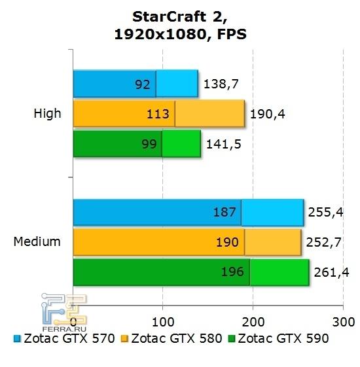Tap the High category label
tap(47, 113)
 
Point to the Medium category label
tap(37, 241)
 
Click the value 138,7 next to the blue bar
tap(221, 83)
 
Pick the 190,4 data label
tap(268, 114)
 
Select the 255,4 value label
tap(326, 212)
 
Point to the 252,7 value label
tap(323, 242)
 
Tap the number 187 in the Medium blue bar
tap(225, 212)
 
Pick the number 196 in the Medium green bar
tap(233, 272)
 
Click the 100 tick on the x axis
tap(163, 321)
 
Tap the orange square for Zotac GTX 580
tap(124, 339)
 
